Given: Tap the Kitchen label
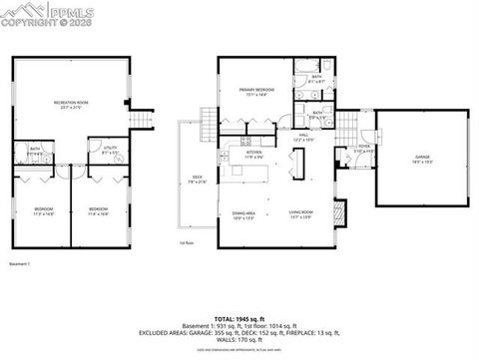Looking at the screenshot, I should click(253, 154).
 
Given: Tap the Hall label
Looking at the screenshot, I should click(302, 138).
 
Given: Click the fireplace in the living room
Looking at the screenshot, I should click(341, 212).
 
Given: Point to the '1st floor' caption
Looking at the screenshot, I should click(186, 242).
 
